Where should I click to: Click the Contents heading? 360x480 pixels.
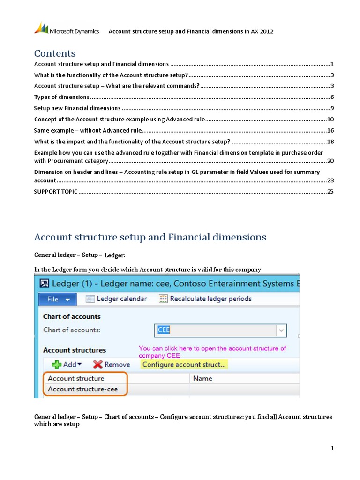click(x=55, y=53)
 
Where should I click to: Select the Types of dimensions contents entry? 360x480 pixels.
click(x=62, y=97)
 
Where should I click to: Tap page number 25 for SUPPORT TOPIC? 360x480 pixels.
click(x=330, y=191)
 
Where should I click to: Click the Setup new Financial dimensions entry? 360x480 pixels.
click(x=77, y=108)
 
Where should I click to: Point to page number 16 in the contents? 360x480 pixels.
click(x=330, y=131)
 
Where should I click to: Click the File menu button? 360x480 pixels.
click(x=57, y=299)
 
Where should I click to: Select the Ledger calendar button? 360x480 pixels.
click(x=116, y=299)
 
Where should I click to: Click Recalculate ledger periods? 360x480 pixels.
click(x=205, y=299)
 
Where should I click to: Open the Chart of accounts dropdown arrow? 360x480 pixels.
click(x=281, y=330)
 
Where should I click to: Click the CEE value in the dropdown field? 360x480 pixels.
click(x=164, y=330)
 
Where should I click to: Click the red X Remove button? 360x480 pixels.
click(x=112, y=364)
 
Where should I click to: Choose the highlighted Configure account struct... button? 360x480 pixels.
click(x=184, y=364)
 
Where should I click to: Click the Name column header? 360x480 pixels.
click(x=202, y=378)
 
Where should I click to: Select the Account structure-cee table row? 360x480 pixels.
click(x=82, y=389)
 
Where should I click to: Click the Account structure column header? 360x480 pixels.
click(x=76, y=378)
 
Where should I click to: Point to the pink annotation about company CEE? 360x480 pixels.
click(x=212, y=352)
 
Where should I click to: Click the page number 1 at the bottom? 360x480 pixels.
click(x=332, y=449)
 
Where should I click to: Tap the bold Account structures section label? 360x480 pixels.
click(x=75, y=350)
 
